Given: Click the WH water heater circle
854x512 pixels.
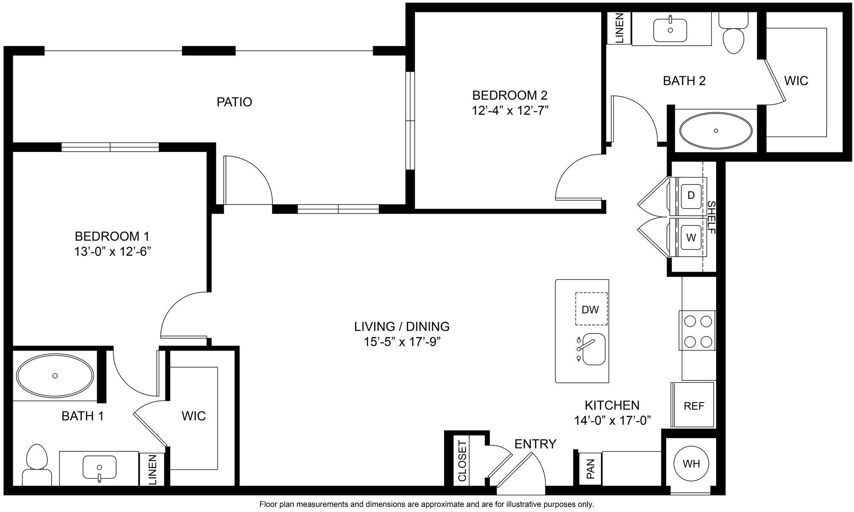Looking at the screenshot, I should tap(691, 464).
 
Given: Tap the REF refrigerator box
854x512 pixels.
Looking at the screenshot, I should tap(693, 405).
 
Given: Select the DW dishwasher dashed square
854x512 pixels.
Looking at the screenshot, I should tap(591, 309).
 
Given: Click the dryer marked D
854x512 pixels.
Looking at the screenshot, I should tap(690, 196).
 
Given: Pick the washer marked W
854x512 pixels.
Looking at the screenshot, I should tap(690, 237).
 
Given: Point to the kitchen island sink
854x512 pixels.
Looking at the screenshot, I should tap(594, 349).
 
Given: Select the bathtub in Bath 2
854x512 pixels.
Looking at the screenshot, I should tap(716, 131).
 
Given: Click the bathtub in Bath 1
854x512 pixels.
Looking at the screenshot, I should tap(55, 375).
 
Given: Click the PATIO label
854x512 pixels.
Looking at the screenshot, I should tap(234, 102).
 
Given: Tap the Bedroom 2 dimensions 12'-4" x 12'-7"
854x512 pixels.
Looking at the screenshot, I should tap(509, 111).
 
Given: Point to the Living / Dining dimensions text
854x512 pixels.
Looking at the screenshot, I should tap(401, 342).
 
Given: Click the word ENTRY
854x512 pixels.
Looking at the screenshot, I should tap(535, 444).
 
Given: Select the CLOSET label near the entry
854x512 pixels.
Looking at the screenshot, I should tap(462, 461).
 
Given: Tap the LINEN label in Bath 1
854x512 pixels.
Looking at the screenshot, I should tap(152, 469).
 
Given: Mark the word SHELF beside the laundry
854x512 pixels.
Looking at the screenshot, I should tap(711, 217).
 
